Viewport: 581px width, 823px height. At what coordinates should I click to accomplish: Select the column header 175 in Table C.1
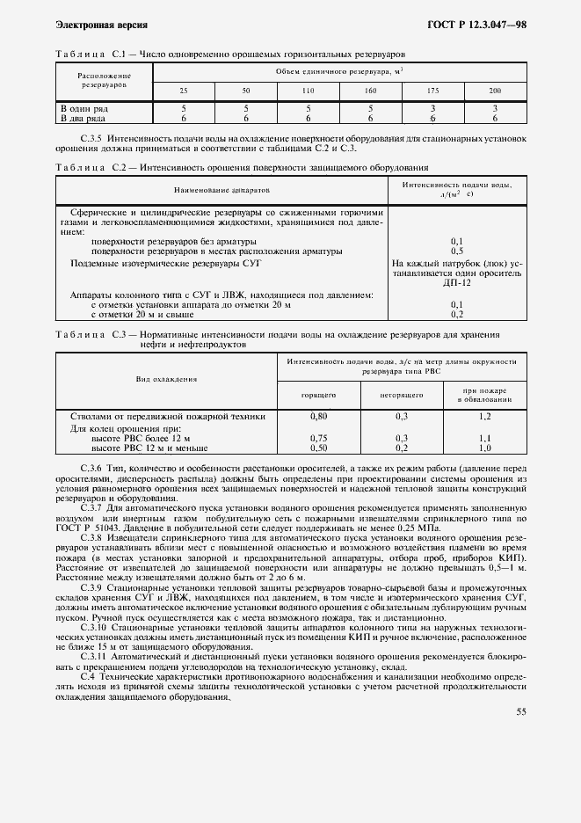432,91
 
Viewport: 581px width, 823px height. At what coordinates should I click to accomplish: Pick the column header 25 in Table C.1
183,91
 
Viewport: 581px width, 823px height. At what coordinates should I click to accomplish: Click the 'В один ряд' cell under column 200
495,107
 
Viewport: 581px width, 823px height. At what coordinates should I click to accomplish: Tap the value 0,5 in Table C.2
456,251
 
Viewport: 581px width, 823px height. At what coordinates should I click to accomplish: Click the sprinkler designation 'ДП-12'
456,282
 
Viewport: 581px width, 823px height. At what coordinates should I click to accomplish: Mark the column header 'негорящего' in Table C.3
403,396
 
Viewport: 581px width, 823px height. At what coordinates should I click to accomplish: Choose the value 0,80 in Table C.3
319,416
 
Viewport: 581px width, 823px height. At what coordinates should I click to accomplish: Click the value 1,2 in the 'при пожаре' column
484,416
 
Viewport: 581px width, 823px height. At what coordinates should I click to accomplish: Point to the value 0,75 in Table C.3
319,438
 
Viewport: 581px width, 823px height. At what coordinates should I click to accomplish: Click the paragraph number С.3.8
92,535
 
